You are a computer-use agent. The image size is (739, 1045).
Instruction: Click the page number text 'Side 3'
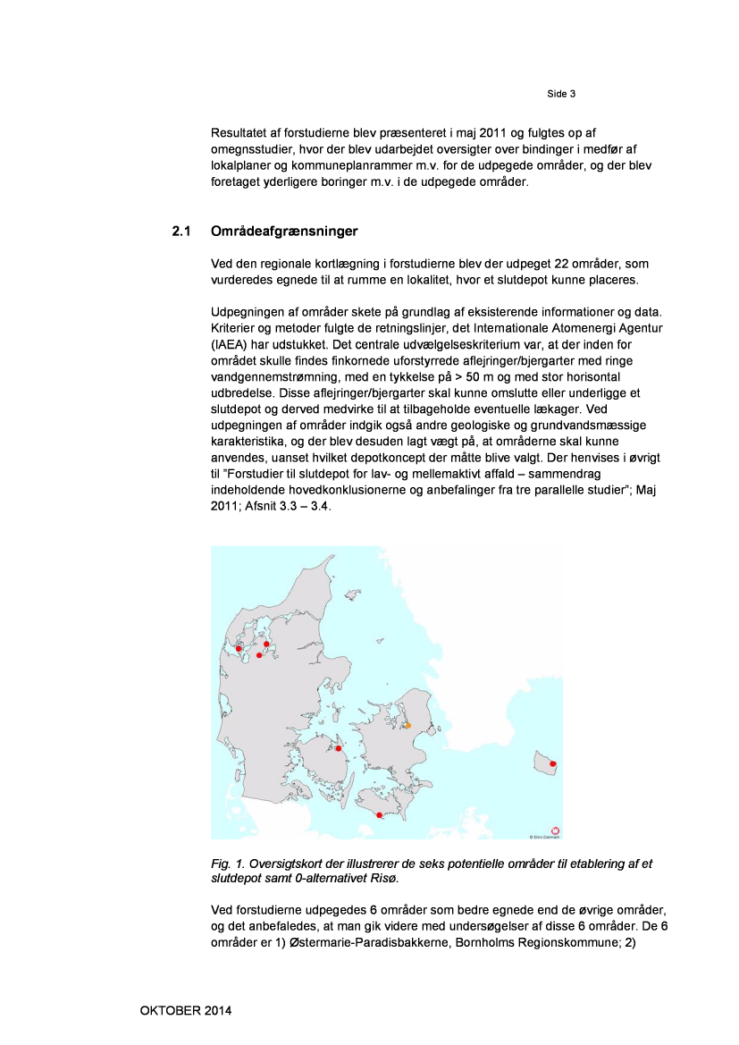click(x=561, y=94)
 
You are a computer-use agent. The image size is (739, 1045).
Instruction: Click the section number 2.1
click(x=182, y=232)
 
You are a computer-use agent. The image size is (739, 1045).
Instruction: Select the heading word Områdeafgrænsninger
click(x=284, y=232)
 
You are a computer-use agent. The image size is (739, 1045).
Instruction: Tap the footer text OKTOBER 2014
click(x=186, y=1011)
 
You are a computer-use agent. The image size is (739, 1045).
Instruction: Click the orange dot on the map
click(x=408, y=726)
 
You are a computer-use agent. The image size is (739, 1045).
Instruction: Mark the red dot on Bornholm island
click(x=553, y=763)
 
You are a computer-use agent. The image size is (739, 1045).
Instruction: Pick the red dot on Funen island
click(x=339, y=748)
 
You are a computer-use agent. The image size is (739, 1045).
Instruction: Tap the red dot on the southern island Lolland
click(x=379, y=815)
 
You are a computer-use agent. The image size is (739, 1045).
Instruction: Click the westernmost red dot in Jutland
click(x=239, y=648)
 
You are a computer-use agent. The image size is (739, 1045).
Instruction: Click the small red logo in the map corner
click(x=555, y=830)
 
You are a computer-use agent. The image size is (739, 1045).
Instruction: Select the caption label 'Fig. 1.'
click(x=227, y=864)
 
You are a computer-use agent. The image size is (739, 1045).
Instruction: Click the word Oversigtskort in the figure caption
click(x=286, y=864)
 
